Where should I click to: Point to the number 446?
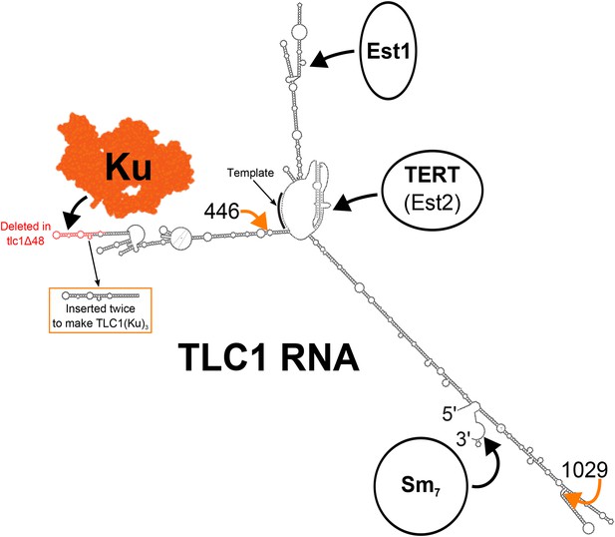(x=221, y=213)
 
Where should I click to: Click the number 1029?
(x=585, y=470)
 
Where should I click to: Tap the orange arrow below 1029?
(x=586, y=496)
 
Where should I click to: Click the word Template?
(x=250, y=173)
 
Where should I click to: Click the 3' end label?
(x=462, y=439)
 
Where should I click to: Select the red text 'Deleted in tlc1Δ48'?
(x=26, y=234)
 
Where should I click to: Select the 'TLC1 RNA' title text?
(x=269, y=357)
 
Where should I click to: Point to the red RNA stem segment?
(x=75, y=235)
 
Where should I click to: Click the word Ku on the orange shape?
(x=129, y=167)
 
